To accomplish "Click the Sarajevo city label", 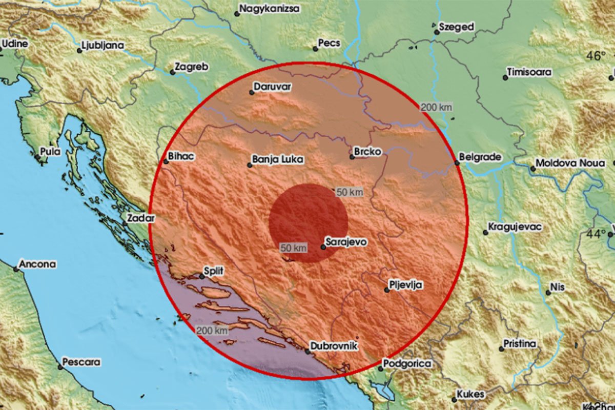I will tap(347, 241).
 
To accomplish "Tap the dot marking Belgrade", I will tap(457, 163).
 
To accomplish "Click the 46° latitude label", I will tap(596, 56).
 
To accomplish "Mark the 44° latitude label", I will tap(596, 234).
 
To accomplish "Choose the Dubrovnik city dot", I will tap(307, 352).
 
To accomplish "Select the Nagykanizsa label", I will tap(268, 9).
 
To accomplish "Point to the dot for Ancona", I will tap(16, 268).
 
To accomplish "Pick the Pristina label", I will tap(520, 343).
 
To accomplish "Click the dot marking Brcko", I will tap(352, 157).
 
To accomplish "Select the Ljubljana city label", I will tap(102, 46).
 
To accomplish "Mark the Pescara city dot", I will tap(60, 366).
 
